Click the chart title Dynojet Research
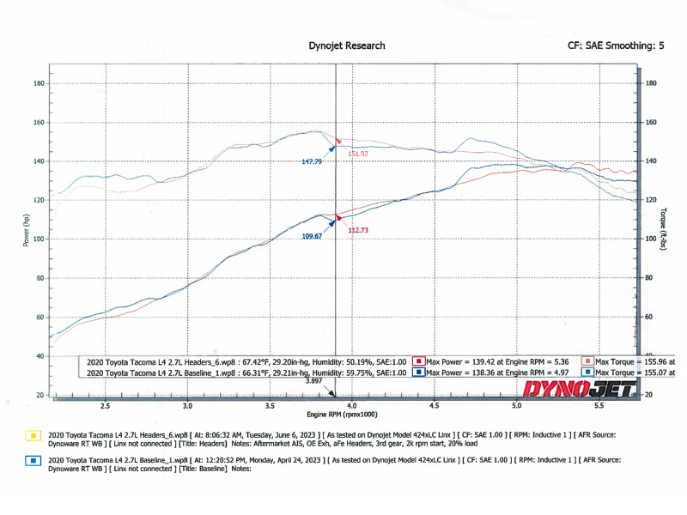(x=346, y=45)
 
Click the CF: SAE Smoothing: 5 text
(x=616, y=45)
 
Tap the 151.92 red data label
(x=358, y=154)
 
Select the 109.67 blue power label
(x=311, y=236)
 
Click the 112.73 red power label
(x=358, y=230)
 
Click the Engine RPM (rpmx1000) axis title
(x=346, y=415)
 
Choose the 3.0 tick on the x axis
(x=188, y=405)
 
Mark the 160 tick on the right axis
(x=651, y=123)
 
